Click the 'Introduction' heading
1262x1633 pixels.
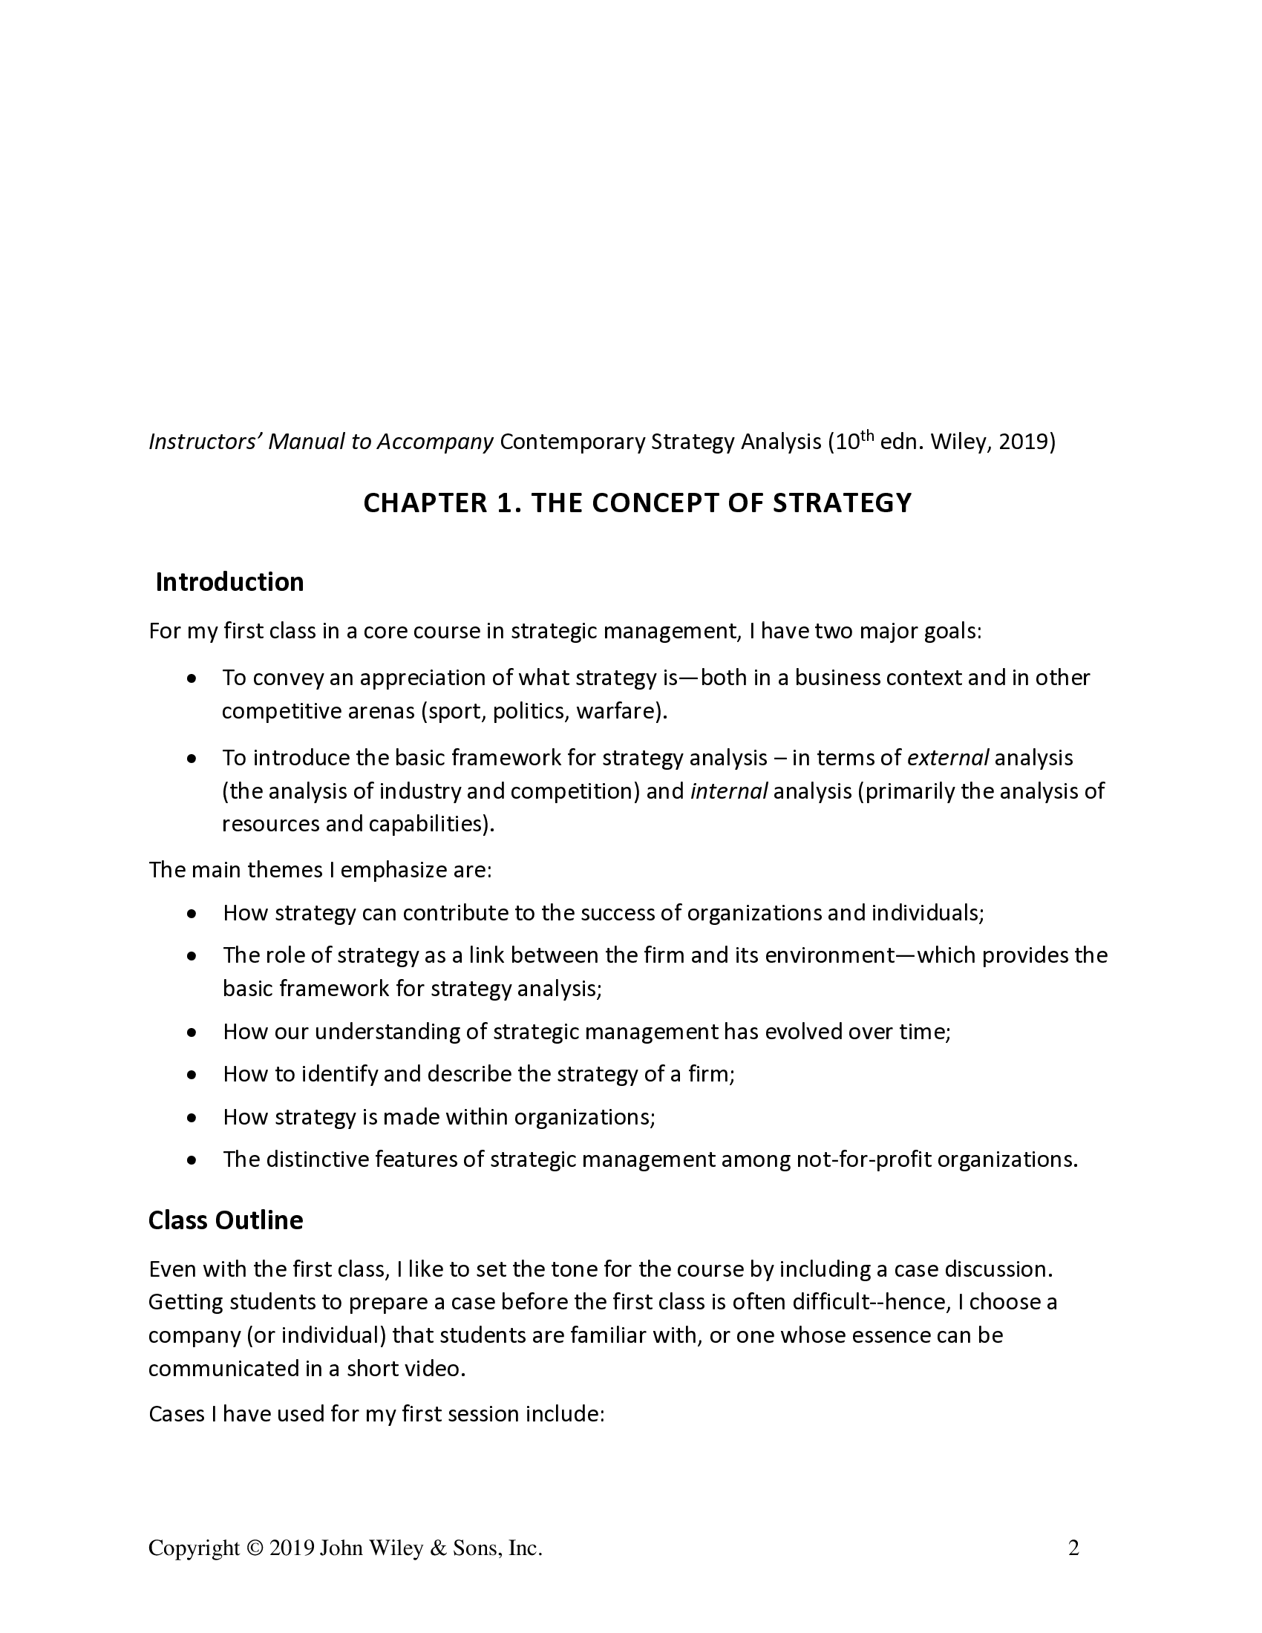[229, 583]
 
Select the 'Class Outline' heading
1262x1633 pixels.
[226, 1220]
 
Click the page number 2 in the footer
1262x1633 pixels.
[1073, 1548]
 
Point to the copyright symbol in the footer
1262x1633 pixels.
[255, 1548]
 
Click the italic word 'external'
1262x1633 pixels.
[947, 758]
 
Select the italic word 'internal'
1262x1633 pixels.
[729, 791]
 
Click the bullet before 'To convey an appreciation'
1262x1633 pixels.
[193, 680]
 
